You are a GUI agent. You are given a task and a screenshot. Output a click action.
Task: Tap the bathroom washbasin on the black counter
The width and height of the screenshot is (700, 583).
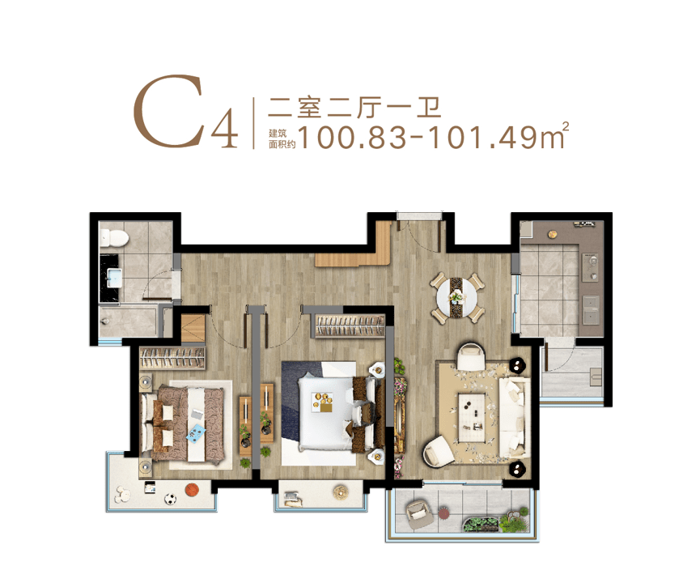click(114, 278)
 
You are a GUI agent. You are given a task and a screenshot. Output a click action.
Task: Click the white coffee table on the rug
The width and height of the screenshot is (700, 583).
click(473, 416)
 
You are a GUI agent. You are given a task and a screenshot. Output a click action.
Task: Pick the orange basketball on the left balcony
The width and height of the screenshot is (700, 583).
click(191, 490)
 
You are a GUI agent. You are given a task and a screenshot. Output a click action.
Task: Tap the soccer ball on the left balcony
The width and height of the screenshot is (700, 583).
click(170, 499)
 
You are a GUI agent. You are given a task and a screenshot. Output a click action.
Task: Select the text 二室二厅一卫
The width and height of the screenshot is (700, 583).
click(354, 108)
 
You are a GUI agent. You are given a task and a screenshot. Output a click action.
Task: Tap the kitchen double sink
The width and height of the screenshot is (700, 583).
click(592, 309)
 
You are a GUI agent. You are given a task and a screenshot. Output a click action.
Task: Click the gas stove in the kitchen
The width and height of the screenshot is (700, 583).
click(590, 267)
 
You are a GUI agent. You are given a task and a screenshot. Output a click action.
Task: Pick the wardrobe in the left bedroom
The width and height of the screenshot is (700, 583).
click(172, 358)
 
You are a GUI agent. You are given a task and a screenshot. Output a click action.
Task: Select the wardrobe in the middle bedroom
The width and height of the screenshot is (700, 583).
click(350, 326)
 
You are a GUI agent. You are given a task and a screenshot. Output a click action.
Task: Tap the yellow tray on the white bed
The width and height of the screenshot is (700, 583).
click(323, 401)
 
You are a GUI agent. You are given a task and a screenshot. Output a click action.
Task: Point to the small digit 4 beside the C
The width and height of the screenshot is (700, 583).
click(224, 130)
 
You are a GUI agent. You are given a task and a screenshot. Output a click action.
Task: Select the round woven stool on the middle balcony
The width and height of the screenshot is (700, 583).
click(341, 492)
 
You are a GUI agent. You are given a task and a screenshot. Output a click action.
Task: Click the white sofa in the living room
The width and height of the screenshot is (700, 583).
click(515, 418)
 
